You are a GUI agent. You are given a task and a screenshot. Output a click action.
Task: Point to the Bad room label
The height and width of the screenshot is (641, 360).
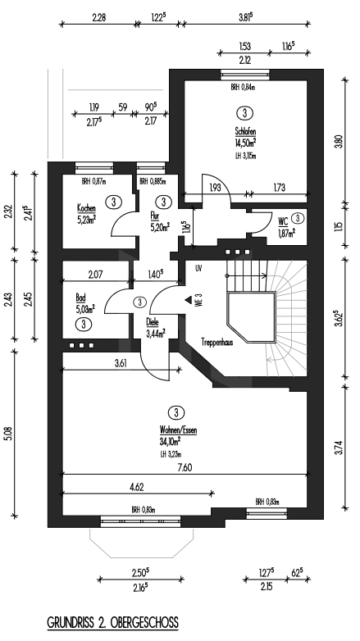[80, 298]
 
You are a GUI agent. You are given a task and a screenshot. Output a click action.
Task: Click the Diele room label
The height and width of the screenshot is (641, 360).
[153, 322]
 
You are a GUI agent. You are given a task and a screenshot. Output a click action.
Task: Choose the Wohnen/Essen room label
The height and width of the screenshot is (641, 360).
[179, 430]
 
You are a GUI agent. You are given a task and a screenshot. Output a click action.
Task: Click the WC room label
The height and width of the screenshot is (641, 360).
[281, 220]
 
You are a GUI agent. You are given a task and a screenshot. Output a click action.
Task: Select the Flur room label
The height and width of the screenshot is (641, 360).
[154, 216]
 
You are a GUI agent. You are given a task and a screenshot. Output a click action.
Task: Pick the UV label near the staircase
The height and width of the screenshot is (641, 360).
[198, 268]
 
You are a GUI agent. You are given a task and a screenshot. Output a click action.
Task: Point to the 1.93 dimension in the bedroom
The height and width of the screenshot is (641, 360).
[216, 189]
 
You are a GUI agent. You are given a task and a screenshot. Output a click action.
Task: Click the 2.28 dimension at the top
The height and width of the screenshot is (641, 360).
[100, 16]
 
